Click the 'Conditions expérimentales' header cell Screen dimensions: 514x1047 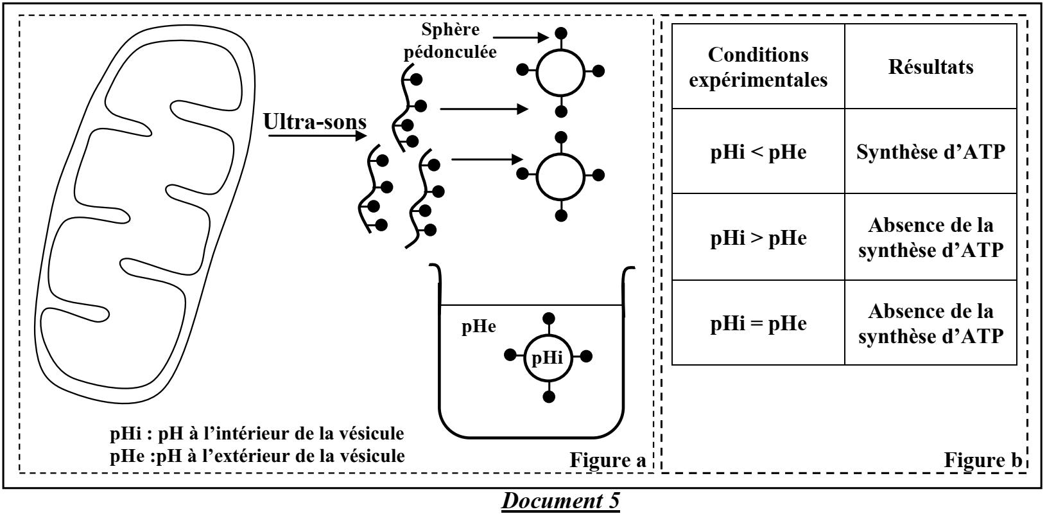click(x=758, y=67)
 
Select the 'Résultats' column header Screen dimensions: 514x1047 click(x=930, y=67)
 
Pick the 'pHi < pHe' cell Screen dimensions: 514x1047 click(x=758, y=152)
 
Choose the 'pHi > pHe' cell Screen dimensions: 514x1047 click(x=758, y=238)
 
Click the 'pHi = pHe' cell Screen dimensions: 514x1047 click(x=758, y=323)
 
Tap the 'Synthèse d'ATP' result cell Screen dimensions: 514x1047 click(x=930, y=152)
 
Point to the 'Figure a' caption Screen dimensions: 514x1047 click(x=607, y=460)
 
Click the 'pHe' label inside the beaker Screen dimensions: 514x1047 click(x=479, y=326)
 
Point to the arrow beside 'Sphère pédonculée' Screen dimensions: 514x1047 click(x=523, y=38)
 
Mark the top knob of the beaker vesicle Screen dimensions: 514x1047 click(x=548, y=317)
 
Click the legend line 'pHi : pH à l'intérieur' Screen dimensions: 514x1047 click(x=257, y=433)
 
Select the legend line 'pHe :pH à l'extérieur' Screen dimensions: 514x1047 click(x=257, y=456)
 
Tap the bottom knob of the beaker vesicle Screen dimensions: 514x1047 click(x=548, y=396)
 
